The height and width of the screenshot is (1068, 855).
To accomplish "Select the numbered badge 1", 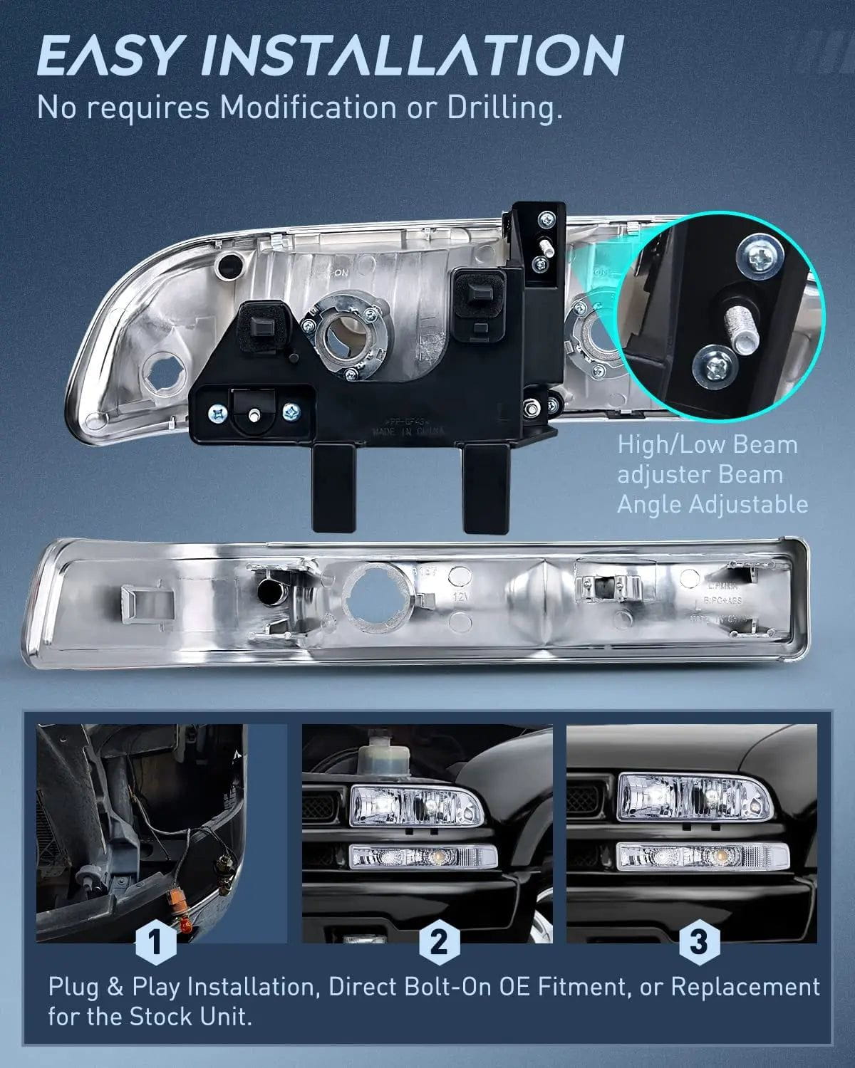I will [x=155, y=943].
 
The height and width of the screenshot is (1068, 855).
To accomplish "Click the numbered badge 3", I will [x=698, y=943].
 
